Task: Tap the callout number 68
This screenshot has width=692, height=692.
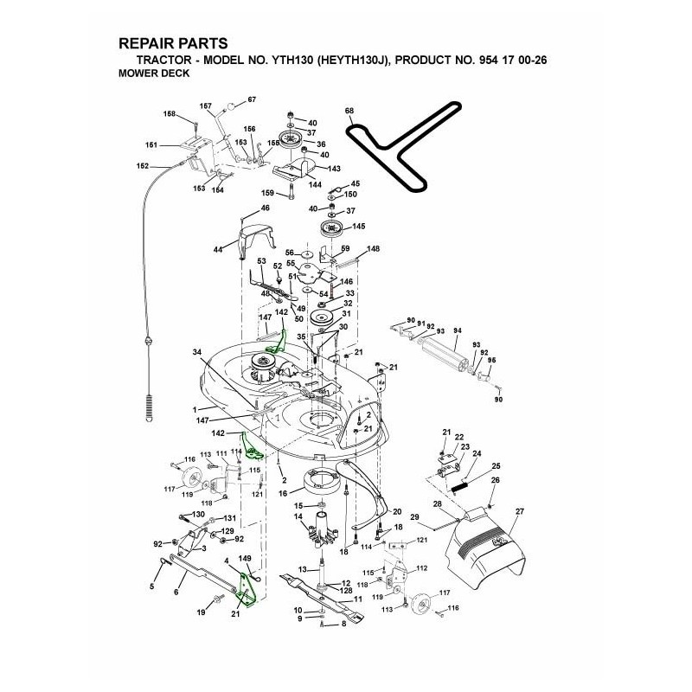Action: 349,112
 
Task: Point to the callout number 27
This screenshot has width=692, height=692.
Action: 520,512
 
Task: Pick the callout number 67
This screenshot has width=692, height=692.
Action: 252,100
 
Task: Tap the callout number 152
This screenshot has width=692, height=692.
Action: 143,165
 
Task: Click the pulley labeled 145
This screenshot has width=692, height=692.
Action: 332,229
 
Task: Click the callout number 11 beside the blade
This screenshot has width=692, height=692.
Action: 357,599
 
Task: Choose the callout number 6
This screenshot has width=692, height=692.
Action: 176,592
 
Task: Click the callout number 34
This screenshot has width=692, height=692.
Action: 197,352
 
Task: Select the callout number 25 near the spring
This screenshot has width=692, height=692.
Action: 496,465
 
